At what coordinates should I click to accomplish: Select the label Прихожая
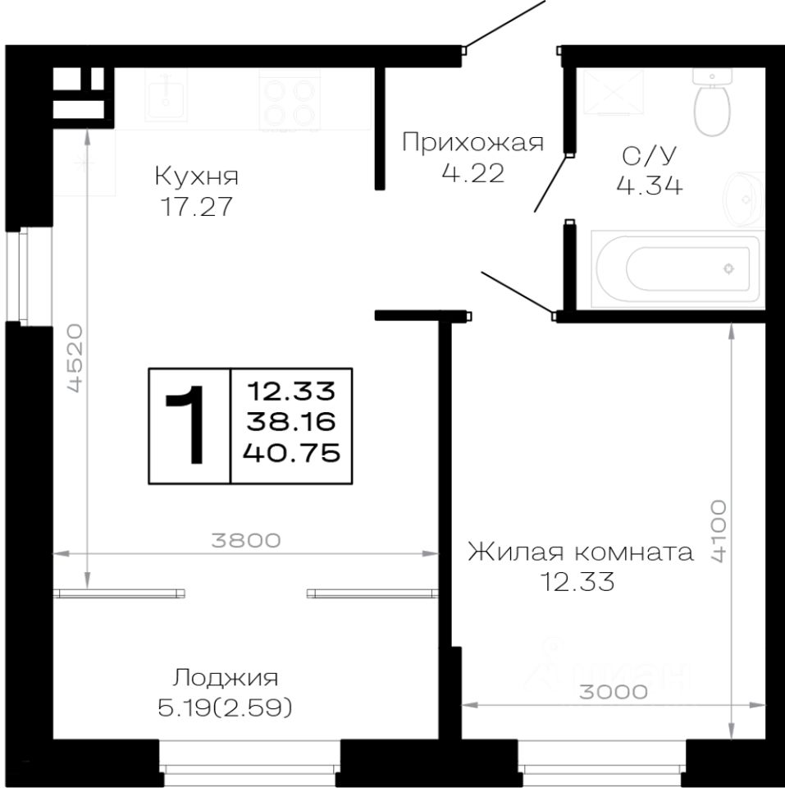472,143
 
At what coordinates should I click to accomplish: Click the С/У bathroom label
649,155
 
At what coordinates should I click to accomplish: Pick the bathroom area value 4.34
649,186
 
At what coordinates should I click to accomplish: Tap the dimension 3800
246,540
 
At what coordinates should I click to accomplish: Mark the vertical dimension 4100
719,529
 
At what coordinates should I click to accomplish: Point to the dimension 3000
614,691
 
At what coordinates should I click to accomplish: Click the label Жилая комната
580,552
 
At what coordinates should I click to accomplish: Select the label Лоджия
226,677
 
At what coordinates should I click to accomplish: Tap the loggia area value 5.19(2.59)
226,706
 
